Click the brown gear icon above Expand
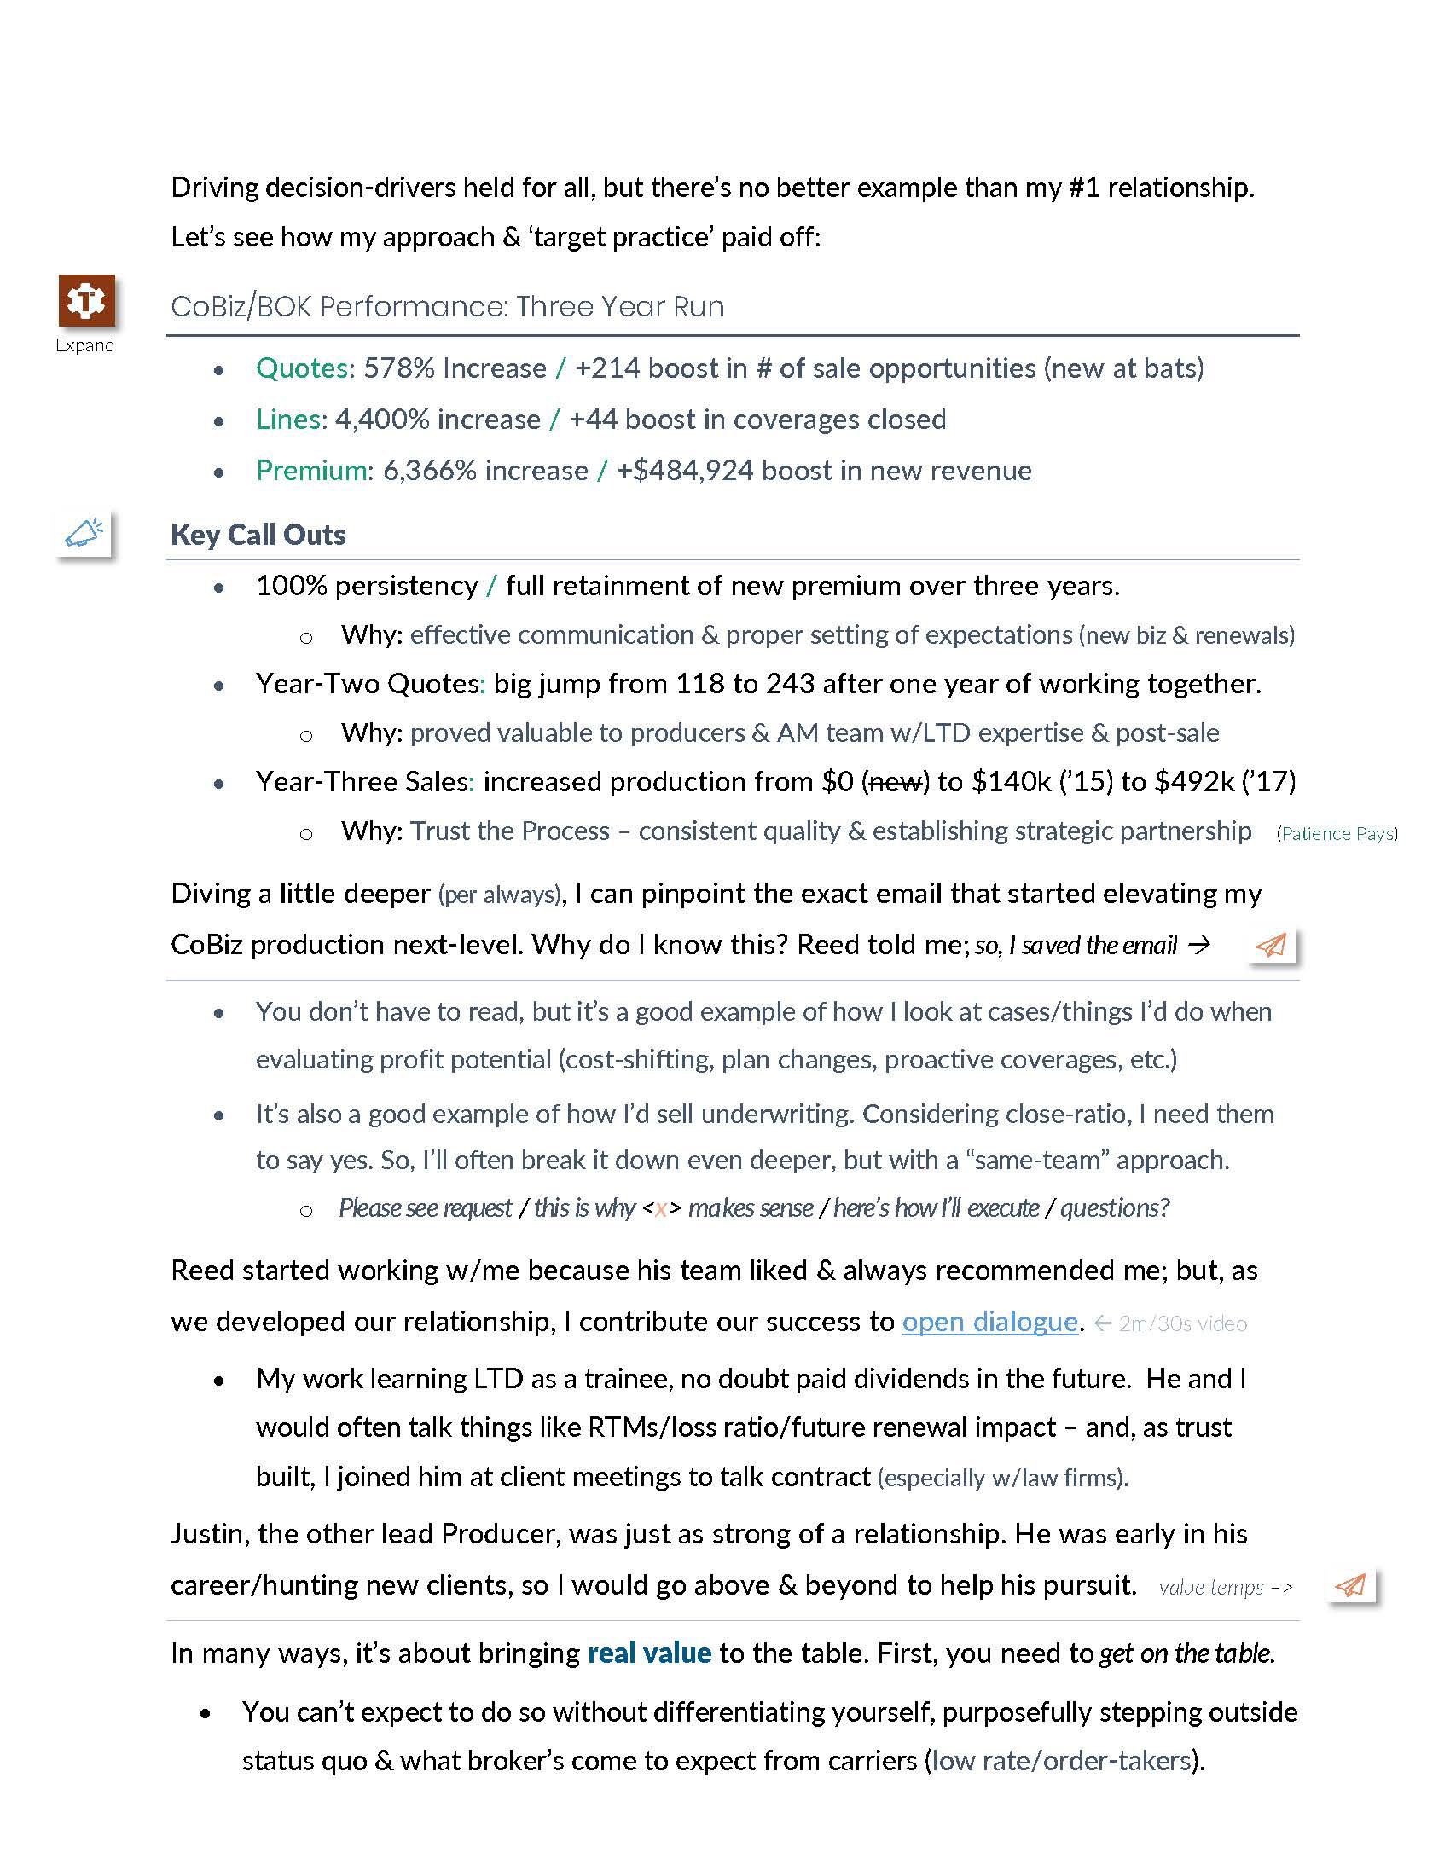pos(87,301)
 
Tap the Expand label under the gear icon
pos(85,345)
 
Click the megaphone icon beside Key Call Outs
pos(84,534)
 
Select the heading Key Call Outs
pos(258,535)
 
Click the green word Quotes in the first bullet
pos(300,368)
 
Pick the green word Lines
pos(288,420)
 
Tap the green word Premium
pos(311,471)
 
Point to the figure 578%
pos(399,368)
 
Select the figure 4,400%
pos(382,420)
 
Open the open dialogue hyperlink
pos(989,1322)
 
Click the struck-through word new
pos(895,782)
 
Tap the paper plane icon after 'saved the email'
pos(1273,945)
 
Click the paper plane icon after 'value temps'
pos(1351,1586)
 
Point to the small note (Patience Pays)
pos(1337,833)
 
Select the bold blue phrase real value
pos(649,1653)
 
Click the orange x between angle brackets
pos(660,1209)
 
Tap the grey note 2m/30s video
pos(1182,1323)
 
